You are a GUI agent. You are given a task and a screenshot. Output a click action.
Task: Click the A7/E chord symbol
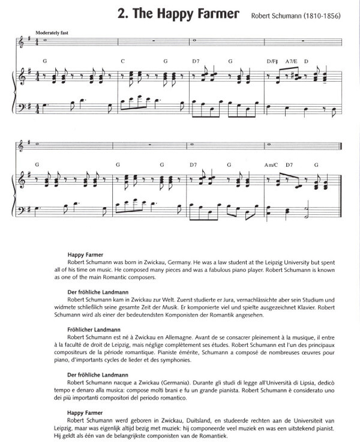coord(291,61)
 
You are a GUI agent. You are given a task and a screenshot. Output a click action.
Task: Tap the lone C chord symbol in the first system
coord(122,61)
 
